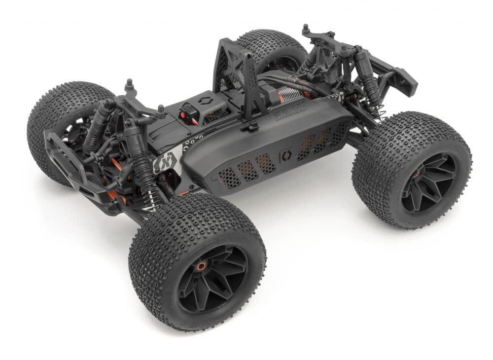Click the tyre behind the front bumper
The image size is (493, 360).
click(59, 123)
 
